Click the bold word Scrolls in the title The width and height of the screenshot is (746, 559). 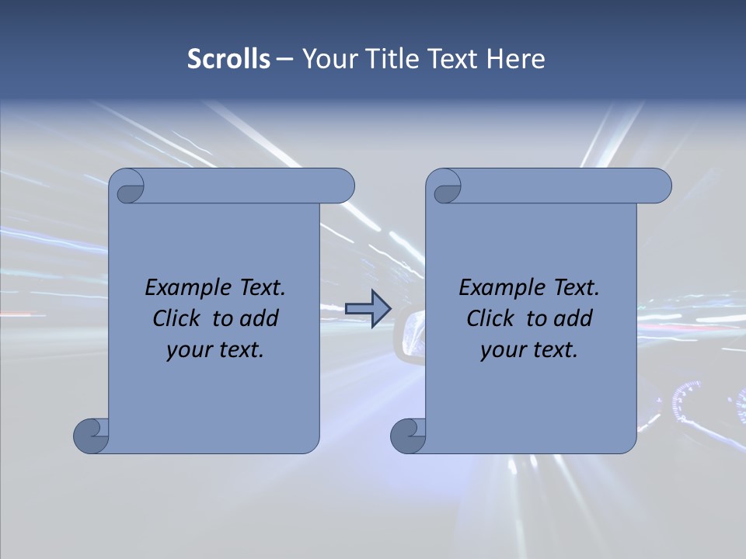click(x=228, y=59)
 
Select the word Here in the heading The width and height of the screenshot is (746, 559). click(x=516, y=59)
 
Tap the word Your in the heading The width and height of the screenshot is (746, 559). click(x=326, y=59)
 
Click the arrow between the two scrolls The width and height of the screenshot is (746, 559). click(x=368, y=309)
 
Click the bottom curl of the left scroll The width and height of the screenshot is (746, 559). click(x=91, y=435)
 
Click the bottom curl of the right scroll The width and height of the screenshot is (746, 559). click(x=408, y=435)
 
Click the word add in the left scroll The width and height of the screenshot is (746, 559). click(x=258, y=318)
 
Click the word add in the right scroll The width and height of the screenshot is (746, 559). click(x=572, y=318)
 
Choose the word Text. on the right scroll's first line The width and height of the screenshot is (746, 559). click(x=576, y=288)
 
